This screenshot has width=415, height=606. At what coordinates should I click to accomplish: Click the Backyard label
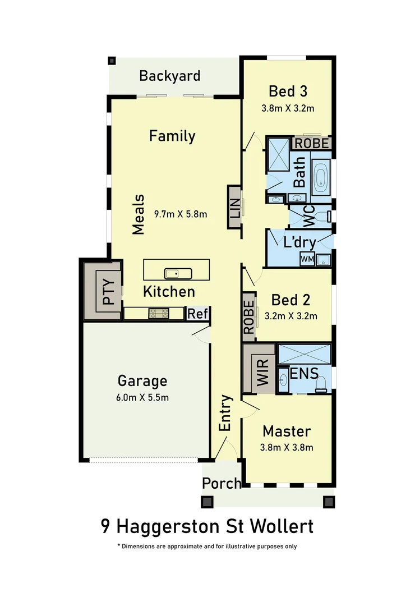[x=169, y=76]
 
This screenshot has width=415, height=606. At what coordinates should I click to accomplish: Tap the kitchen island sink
[x=178, y=274]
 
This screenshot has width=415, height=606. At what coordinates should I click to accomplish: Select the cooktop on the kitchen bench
[x=159, y=314]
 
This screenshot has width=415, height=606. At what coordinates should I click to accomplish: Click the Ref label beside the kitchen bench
[x=197, y=314]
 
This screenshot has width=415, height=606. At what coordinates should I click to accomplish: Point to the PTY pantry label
[x=109, y=291]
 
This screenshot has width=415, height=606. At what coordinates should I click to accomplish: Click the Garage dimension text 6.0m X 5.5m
[x=142, y=398]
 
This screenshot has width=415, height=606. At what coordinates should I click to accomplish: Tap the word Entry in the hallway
[x=225, y=413]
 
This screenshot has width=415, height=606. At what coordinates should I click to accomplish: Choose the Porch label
[x=221, y=483]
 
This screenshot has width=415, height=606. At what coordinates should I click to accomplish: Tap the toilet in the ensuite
[x=321, y=383]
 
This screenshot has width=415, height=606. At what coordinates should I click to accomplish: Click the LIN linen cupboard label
[x=234, y=208]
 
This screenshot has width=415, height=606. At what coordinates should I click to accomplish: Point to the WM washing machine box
[x=307, y=259]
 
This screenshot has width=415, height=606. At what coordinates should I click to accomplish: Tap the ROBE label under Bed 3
[x=312, y=143]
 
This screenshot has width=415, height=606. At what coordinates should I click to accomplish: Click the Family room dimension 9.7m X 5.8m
[x=180, y=214]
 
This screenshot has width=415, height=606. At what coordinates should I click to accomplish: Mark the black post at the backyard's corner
[x=112, y=60]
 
